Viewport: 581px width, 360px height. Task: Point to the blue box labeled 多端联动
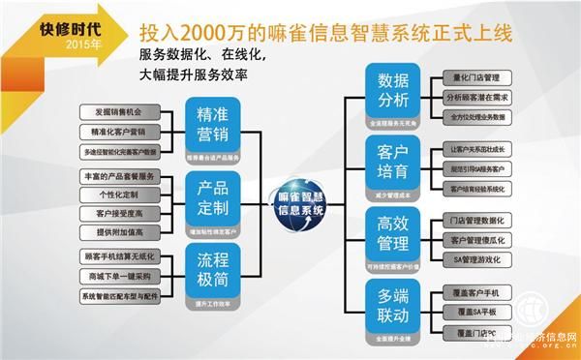point(393,306)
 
